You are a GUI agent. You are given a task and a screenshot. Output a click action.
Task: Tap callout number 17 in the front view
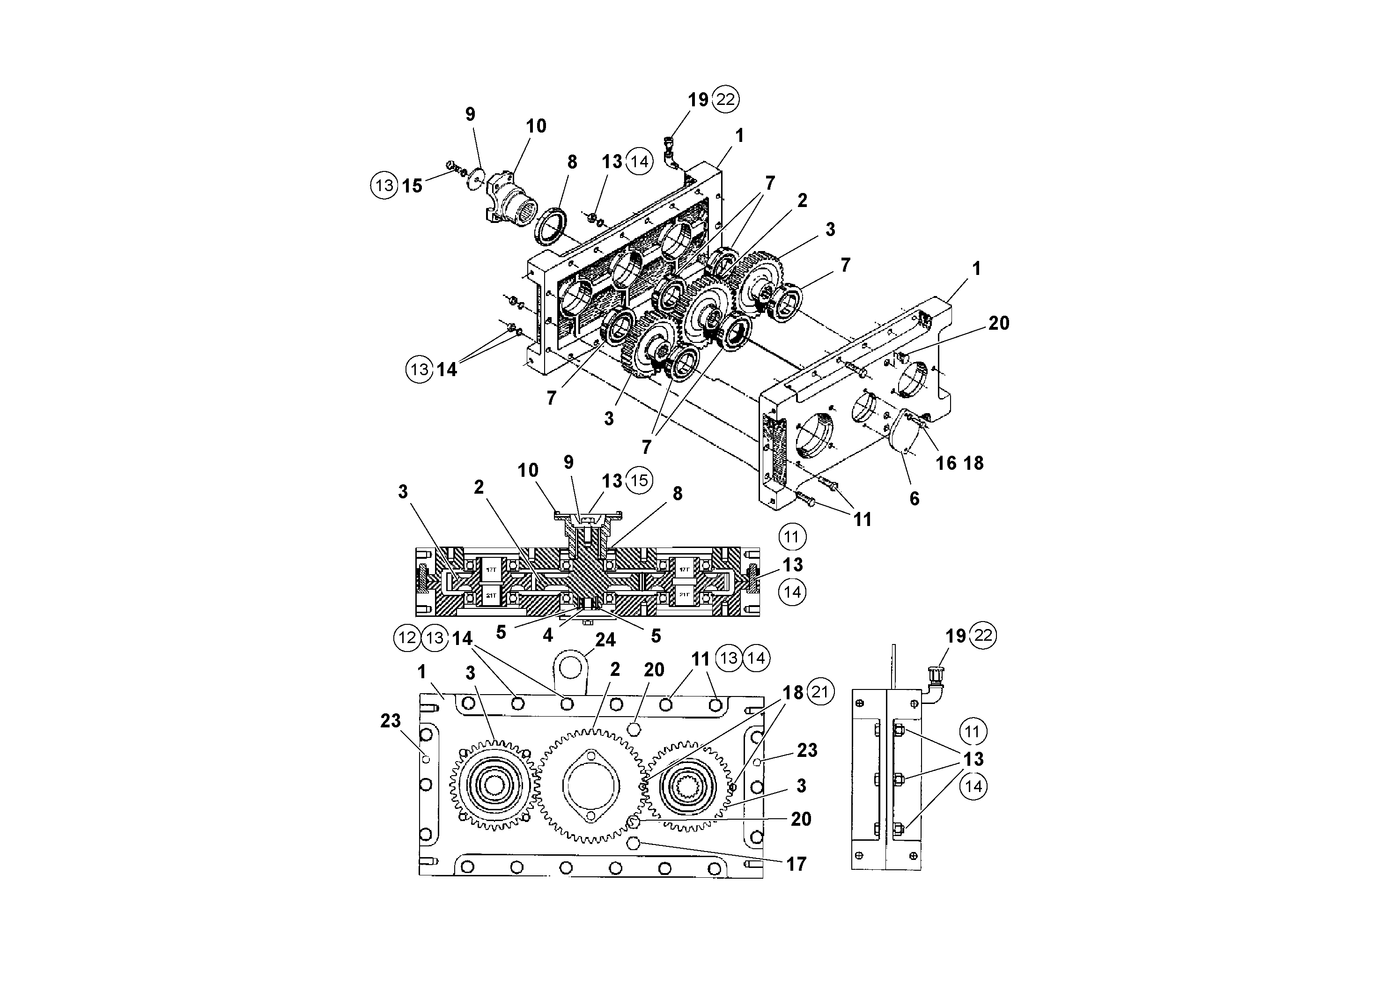point(796,864)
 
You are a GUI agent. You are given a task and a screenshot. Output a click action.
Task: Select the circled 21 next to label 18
point(820,693)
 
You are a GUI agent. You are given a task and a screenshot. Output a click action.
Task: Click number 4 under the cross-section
point(548,635)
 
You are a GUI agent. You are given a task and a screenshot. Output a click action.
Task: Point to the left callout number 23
point(391,721)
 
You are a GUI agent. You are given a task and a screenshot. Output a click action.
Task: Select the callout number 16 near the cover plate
point(945,463)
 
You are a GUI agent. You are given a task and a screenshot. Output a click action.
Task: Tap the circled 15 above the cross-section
point(639,481)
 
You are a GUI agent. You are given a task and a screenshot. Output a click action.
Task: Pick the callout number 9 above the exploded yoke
point(470,114)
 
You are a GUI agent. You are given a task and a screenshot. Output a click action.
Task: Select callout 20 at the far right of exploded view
point(999,323)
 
